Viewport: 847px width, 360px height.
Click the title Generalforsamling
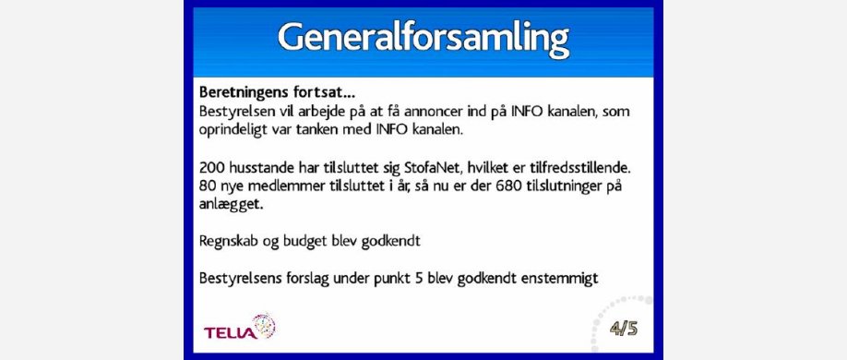pyautogui.click(x=423, y=39)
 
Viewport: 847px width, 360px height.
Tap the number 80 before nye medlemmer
pyautogui.click(x=207, y=187)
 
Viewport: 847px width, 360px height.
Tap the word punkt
pyautogui.click(x=391, y=279)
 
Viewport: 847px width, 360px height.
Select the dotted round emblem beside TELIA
pyautogui.click(x=264, y=327)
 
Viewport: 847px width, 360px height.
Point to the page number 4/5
pyautogui.click(x=624, y=329)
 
